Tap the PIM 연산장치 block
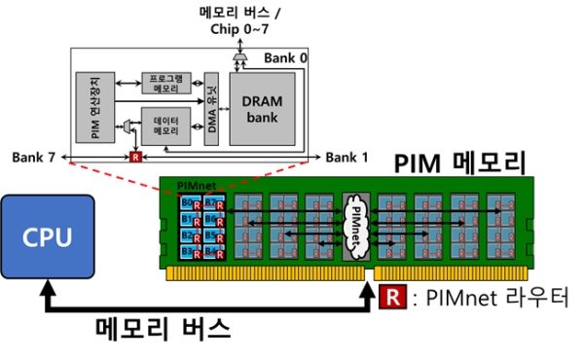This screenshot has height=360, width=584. click(95, 104)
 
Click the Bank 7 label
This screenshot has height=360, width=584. click(36, 157)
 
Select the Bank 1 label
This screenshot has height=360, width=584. click(348, 157)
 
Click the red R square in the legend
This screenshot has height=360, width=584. click(390, 297)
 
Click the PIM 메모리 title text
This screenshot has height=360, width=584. click(461, 163)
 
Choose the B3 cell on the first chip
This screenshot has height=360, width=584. click(186, 251)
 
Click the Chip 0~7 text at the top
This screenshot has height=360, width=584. click(239, 27)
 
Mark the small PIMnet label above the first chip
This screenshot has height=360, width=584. click(192, 184)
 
